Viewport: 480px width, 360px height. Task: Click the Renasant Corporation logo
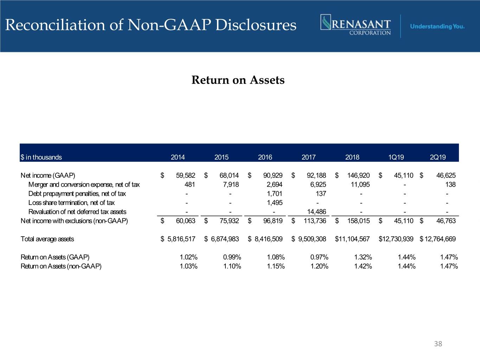tap(356, 25)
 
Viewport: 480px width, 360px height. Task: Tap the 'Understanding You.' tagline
tap(437, 26)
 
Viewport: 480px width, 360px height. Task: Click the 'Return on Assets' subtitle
tap(238, 80)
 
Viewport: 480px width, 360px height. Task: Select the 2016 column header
tap(265, 157)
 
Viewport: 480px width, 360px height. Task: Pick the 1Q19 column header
tap(396, 157)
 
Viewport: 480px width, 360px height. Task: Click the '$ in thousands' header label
tap(41, 157)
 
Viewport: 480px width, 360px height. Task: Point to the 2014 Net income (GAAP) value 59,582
tap(185, 175)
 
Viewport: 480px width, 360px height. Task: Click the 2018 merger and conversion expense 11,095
tap(360, 184)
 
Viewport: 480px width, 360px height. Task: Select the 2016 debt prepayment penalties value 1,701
tap(275, 193)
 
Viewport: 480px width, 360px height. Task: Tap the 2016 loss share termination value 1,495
tap(275, 202)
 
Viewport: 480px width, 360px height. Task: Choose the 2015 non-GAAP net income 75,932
tap(229, 221)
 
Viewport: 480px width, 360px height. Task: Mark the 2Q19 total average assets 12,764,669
tap(440, 239)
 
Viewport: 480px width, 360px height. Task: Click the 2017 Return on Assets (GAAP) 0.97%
tap(319, 257)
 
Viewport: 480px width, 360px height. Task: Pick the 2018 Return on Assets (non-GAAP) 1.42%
tap(363, 266)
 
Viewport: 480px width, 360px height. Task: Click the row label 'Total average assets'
tap(47, 239)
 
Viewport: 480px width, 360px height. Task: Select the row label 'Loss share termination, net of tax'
tap(71, 202)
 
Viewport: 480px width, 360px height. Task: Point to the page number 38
tap(438, 344)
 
